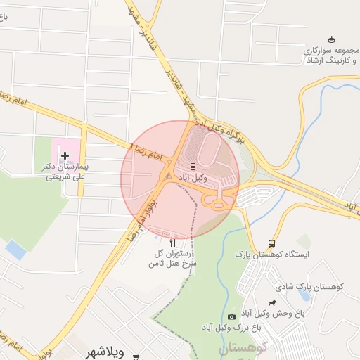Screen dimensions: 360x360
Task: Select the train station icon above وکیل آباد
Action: click(x=193, y=166)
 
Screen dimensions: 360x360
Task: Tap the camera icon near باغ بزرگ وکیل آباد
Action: click(x=232, y=317)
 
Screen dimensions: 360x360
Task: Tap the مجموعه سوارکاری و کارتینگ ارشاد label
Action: click(x=330, y=56)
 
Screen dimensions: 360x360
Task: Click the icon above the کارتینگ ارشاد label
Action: click(x=332, y=39)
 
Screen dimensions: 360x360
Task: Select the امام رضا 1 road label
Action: click(x=146, y=149)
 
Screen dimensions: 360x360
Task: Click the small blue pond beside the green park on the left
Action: click(x=15, y=249)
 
